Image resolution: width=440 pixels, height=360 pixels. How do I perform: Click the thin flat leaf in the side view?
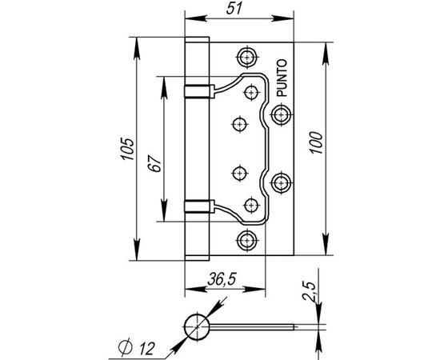click(256, 326)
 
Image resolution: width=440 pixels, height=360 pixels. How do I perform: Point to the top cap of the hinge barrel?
click(197, 40)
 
